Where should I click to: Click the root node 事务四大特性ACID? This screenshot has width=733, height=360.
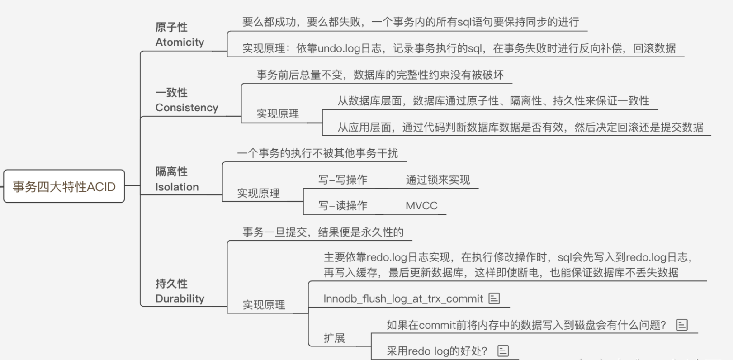pos(64,186)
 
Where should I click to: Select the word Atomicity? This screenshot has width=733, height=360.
pos(180,42)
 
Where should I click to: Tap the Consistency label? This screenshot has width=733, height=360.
pos(186,108)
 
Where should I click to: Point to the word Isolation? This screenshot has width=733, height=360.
pos(177,187)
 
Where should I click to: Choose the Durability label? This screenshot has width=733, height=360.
pos(180,298)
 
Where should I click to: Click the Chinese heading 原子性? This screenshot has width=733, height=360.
pos(171,27)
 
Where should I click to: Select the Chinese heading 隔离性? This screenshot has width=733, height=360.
pos(171,171)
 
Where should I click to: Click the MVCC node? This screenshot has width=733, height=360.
pos(421,206)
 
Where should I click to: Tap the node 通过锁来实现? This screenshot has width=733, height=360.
pos(437,180)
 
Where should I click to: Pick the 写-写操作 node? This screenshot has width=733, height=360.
pos(342,180)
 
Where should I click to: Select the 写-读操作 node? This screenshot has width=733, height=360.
pos(342,206)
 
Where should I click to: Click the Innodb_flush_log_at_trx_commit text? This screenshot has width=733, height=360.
pos(403,298)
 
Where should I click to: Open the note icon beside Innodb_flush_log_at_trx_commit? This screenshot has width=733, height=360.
pos(494,298)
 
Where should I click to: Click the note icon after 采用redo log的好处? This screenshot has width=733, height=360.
pos(503,351)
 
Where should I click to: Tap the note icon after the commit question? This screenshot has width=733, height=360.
pos(681,325)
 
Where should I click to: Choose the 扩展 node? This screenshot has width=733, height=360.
pos(334,338)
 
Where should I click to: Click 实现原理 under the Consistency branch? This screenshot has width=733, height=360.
pos(278,114)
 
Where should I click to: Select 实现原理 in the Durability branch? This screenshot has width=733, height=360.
pos(264,305)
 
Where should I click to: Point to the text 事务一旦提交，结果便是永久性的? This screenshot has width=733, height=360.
pos(323,232)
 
